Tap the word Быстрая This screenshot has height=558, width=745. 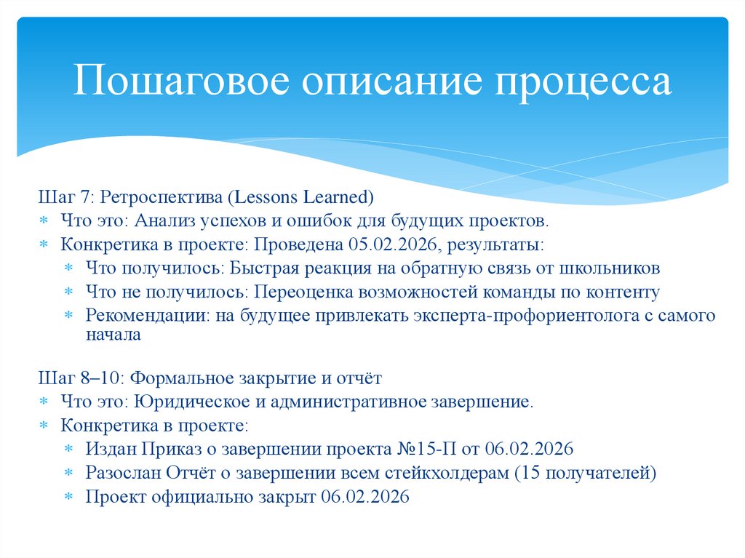(266, 268)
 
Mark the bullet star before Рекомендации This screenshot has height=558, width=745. (69, 316)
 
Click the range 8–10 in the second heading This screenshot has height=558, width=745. (88, 378)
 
